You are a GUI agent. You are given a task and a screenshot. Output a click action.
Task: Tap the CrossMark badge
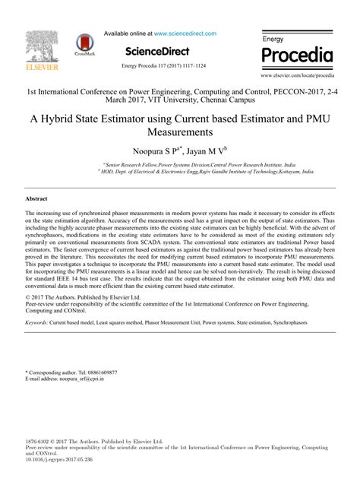(86, 47)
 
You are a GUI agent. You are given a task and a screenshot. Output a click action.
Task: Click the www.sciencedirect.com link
(185, 33)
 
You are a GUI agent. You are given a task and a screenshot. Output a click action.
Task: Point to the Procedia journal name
(297, 55)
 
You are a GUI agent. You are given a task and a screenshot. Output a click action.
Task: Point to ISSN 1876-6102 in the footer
(39, 441)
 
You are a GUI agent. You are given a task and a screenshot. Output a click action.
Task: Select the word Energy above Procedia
(273, 37)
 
